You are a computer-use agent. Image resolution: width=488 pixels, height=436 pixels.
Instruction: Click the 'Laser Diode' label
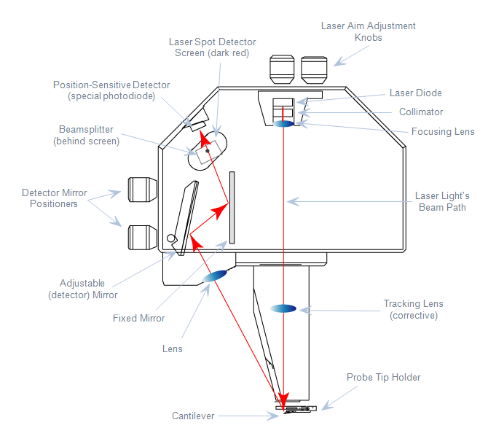(415, 93)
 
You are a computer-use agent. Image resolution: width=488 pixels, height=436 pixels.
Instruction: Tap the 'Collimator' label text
(421, 112)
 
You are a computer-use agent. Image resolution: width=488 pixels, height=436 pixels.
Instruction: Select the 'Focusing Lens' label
(443, 132)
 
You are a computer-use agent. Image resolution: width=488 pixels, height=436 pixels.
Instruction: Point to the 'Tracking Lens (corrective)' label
(413, 309)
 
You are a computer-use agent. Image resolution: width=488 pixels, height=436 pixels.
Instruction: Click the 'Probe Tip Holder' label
(384, 377)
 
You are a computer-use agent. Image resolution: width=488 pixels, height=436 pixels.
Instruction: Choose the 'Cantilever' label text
(193, 416)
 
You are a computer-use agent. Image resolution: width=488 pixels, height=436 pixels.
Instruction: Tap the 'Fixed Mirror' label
(138, 318)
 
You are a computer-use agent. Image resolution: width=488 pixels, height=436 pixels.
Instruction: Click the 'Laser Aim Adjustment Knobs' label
(369, 31)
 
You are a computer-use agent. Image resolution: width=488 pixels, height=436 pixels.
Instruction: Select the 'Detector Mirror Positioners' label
(54, 198)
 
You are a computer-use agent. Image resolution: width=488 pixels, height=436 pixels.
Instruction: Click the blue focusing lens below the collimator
(284, 124)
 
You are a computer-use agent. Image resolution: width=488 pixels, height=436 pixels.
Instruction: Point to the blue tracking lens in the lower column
(283, 308)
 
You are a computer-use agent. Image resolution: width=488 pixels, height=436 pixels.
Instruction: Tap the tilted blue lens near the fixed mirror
(216, 276)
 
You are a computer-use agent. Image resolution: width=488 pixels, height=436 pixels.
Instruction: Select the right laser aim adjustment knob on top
(314, 70)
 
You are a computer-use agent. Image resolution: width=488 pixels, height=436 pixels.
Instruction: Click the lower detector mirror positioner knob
(143, 235)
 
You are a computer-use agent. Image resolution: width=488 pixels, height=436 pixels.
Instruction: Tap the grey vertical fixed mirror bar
(232, 207)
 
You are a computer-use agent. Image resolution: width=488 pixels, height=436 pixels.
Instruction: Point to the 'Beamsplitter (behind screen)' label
(86, 135)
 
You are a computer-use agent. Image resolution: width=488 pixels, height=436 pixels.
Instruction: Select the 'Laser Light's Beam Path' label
(442, 201)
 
